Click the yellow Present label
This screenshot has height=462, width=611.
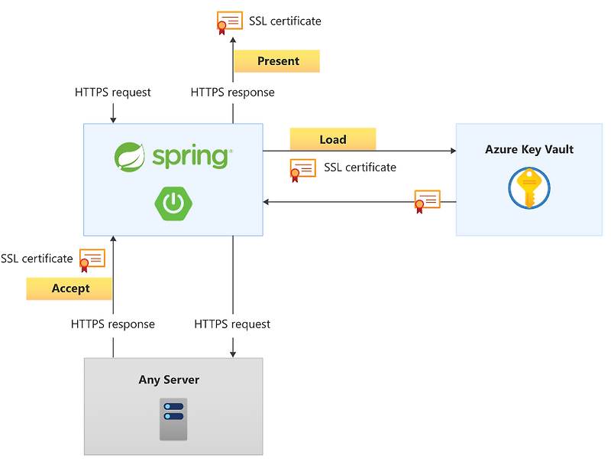point(276,61)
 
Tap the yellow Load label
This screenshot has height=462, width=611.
point(333,139)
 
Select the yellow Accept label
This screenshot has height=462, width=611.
point(70,288)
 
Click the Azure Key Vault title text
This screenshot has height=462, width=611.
point(529,149)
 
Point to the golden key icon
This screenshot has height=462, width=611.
point(529,188)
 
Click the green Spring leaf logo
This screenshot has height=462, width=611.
point(130,157)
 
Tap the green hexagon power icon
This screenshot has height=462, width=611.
point(173,203)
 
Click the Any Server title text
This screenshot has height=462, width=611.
point(169,379)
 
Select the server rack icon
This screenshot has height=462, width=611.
point(173,418)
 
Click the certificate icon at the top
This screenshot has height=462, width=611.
point(228,22)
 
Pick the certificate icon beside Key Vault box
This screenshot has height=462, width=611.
point(427,201)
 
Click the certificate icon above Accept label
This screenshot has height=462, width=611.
point(92,259)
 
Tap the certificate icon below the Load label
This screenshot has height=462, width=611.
point(302,169)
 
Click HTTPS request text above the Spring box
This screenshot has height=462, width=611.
point(113,93)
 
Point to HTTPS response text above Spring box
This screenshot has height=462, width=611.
point(232,93)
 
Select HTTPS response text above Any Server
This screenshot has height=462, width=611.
point(113,324)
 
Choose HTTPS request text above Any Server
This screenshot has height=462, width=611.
point(232,324)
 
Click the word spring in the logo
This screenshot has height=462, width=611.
point(190,157)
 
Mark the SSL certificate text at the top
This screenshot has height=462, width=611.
point(285,21)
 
